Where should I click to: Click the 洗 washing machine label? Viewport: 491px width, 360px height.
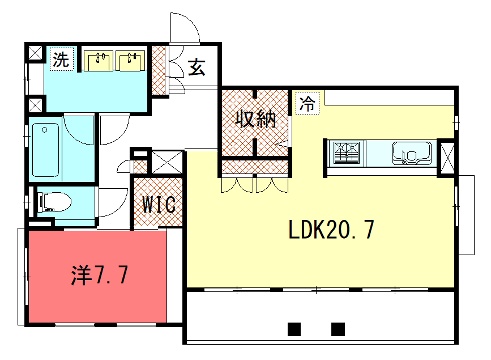click(x=61, y=59)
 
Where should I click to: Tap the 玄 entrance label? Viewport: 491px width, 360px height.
click(x=196, y=67)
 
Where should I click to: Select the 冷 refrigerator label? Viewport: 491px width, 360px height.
click(x=307, y=103)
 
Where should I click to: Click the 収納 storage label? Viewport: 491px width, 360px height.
click(x=256, y=119)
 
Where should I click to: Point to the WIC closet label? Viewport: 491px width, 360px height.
click(x=159, y=204)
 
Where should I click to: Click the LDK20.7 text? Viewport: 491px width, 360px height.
click(x=331, y=230)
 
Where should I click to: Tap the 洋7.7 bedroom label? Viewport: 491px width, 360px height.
click(x=99, y=275)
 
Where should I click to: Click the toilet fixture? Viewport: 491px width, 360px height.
click(x=54, y=202)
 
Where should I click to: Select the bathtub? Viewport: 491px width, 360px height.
click(x=46, y=150)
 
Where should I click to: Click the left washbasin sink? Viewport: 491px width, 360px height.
click(x=98, y=61)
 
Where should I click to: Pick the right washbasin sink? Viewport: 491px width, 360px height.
click(x=130, y=61)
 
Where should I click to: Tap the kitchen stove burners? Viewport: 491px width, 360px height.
click(x=347, y=153)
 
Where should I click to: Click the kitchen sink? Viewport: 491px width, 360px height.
click(x=412, y=153)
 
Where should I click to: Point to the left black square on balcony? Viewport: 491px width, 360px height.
click(x=294, y=329)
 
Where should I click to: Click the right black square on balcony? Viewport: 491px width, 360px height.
click(x=338, y=329)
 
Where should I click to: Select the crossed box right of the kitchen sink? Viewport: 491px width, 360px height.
click(x=447, y=157)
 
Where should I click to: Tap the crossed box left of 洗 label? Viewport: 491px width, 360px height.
click(x=35, y=53)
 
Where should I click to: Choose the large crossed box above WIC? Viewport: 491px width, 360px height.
click(x=167, y=162)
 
